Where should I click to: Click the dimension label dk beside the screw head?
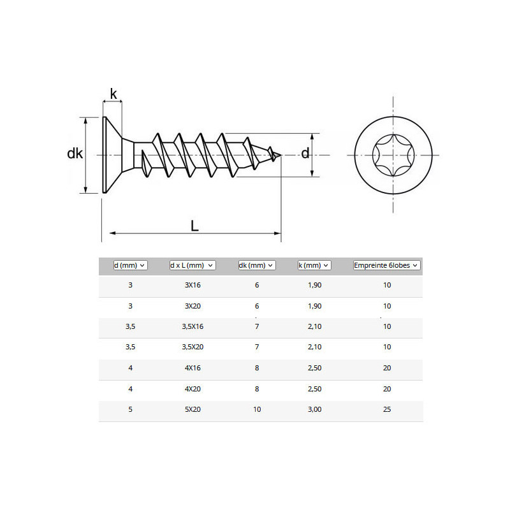(75, 153)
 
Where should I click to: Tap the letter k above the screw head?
(113, 94)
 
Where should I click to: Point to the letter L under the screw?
(194, 226)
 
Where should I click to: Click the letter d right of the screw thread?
(305, 153)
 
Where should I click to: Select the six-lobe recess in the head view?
(393, 155)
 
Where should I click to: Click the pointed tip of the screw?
(281, 155)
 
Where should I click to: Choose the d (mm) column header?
(131, 265)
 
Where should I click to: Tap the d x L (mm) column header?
(193, 265)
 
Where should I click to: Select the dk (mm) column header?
(257, 265)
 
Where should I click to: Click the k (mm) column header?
(314, 265)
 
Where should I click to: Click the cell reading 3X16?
(193, 285)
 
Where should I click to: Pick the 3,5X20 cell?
(193, 347)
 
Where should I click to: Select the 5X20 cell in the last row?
(193, 409)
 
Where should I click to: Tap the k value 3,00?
(314, 409)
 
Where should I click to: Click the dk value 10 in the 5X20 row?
(257, 409)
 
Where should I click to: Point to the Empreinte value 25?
(387, 409)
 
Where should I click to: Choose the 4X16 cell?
(193, 368)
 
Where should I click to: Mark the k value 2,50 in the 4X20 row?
(314, 389)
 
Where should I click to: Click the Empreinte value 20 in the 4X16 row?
(387, 368)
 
